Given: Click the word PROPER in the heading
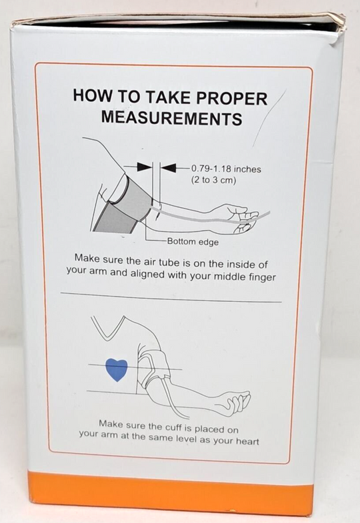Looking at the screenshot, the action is (x=231, y=99).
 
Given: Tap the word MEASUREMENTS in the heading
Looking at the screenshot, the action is (x=171, y=119).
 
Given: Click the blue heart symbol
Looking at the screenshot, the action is (x=117, y=370).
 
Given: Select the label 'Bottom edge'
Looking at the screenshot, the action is (x=193, y=241).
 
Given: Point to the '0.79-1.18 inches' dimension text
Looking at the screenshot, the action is (x=226, y=169).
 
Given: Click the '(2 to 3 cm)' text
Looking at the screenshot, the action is (x=213, y=181).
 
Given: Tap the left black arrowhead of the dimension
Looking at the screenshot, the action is (x=145, y=167).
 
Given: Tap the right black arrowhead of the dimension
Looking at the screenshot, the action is (x=169, y=167).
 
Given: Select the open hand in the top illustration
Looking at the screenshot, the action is (x=243, y=217).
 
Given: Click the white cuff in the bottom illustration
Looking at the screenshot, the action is (x=154, y=366).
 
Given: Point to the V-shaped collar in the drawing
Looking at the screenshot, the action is (x=107, y=328).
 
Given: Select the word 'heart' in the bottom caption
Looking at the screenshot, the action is (x=247, y=441).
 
